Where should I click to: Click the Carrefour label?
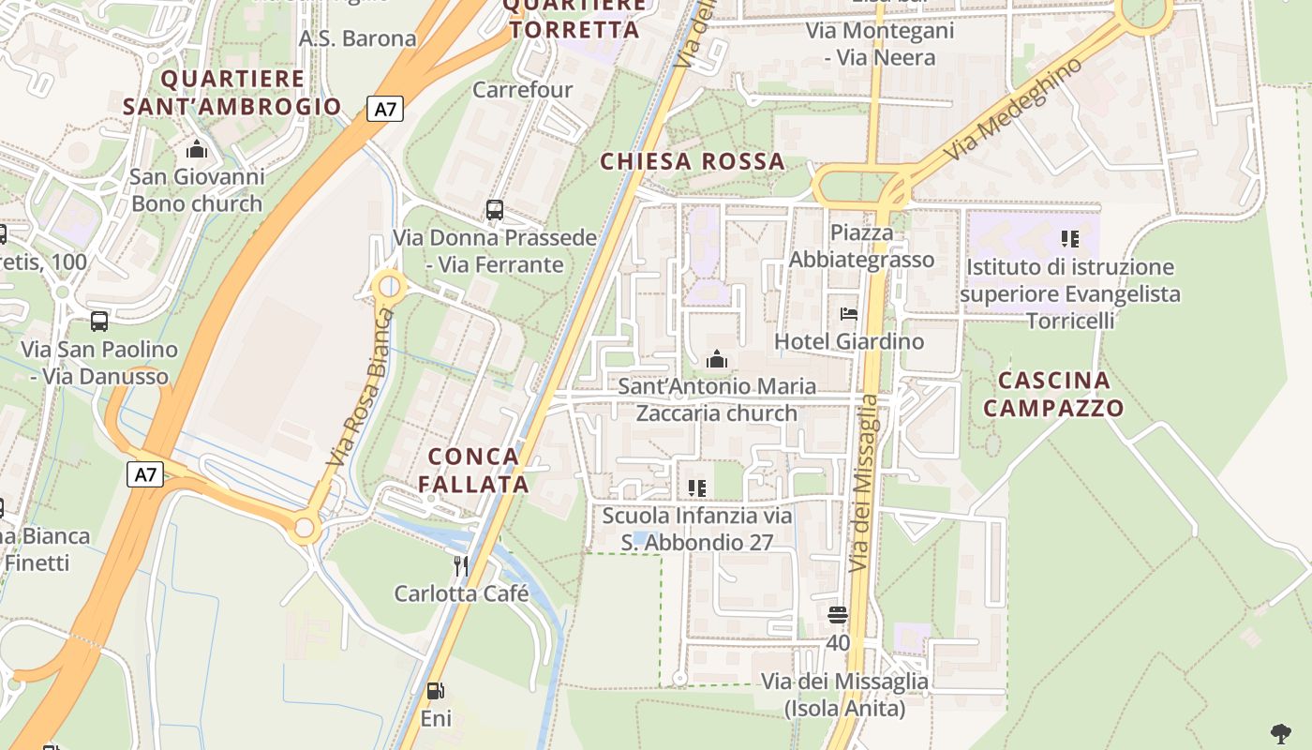point(522,90)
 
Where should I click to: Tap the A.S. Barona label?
point(357,38)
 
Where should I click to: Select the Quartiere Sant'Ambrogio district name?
point(232,92)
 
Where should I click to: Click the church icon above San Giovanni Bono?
point(197,149)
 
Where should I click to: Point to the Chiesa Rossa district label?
point(693,161)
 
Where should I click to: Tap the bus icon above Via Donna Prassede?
point(494,210)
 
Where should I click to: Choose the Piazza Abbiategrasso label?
point(861,246)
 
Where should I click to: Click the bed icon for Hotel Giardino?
point(849,314)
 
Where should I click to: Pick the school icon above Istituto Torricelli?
point(1069,239)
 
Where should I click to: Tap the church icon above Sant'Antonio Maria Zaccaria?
point(717,358)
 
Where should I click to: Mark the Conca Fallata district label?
point(473,470)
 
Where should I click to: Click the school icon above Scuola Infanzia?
point(696,487)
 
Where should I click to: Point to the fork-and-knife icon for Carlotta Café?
point(460,565)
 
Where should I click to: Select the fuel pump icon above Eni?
point(436,691)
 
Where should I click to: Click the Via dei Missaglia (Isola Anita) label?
point(844,695)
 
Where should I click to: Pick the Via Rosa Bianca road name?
point(357,387)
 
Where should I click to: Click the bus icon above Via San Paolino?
point(99,322)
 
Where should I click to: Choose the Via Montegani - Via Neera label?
point(879,44)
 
